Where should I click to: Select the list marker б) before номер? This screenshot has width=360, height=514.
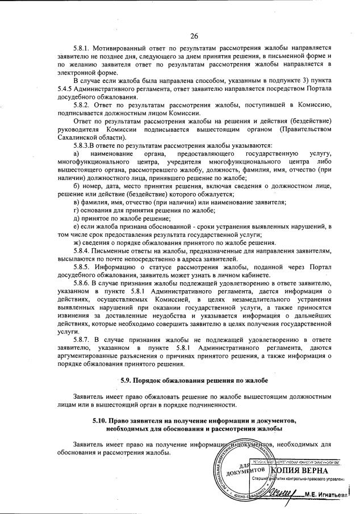coord(77,186)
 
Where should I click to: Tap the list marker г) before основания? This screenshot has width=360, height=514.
coord(77,210)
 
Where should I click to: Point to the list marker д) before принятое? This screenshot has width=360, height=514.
coord(77,218)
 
